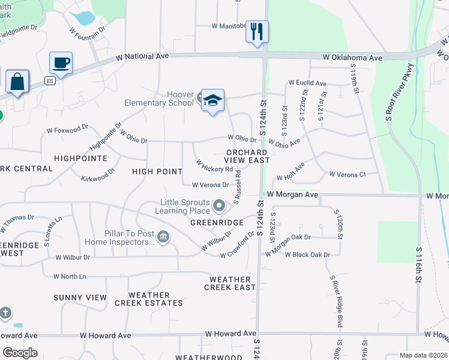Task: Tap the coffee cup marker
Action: [61, 63]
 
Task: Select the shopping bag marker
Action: [17, 82]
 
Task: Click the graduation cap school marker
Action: [212, 100]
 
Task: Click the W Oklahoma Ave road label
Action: [352, 58]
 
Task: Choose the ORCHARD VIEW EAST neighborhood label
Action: [246, 156]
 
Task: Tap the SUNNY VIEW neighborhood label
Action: [80, 298]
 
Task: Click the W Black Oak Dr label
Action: [307, 254]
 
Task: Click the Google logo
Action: [20, 352]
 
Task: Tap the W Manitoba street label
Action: [229, 26]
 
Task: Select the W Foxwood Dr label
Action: [67, 130]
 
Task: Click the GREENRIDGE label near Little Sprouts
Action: [217, 223]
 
